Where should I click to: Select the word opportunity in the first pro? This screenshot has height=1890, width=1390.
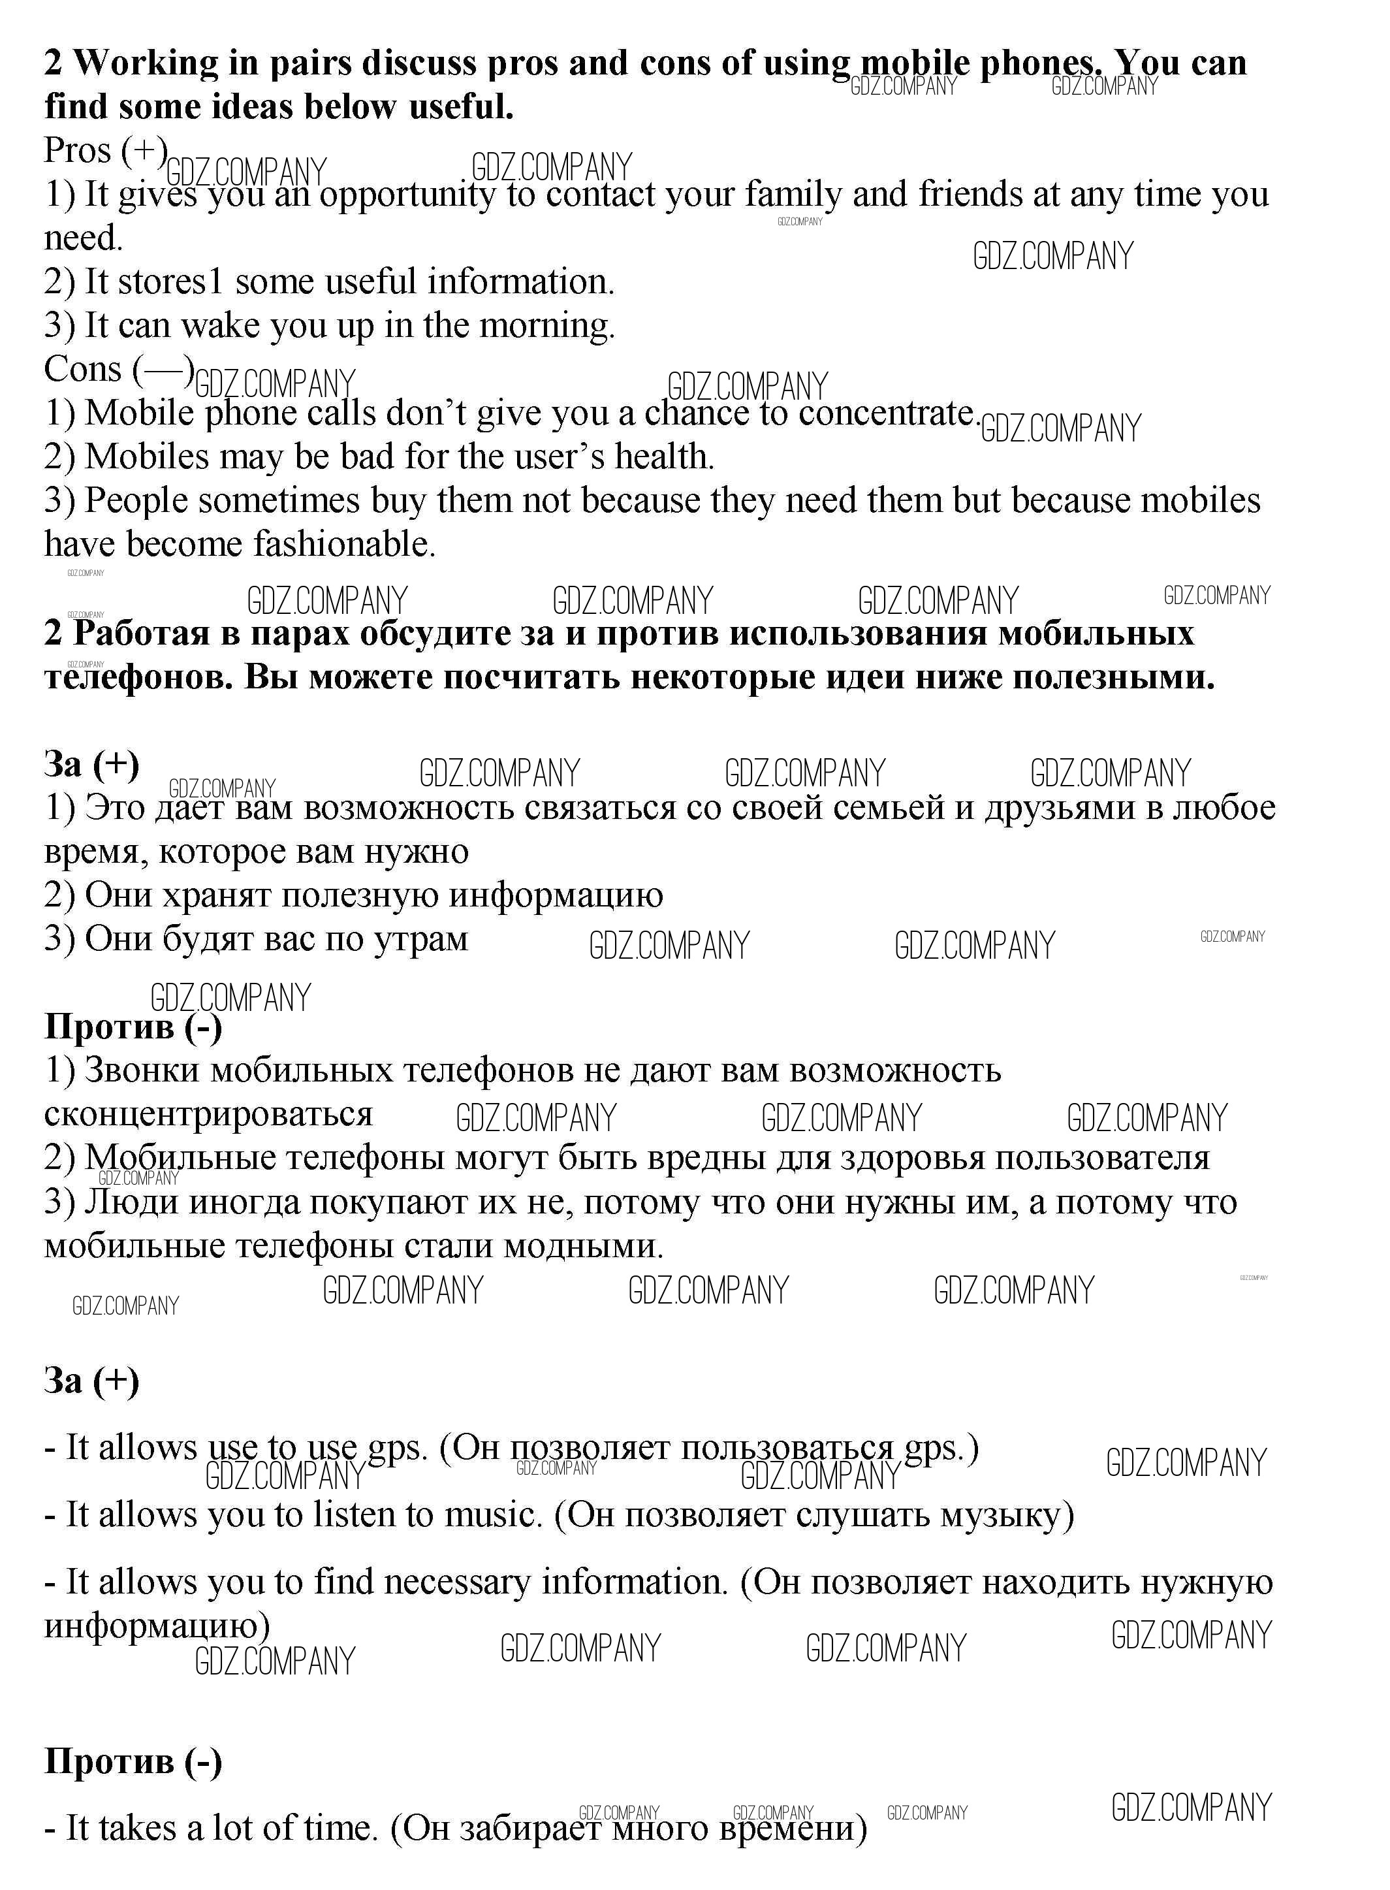(407, 195)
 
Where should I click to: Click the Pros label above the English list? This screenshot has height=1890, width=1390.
(78, 152)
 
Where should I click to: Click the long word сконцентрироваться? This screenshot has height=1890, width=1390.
(209, 1114)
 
